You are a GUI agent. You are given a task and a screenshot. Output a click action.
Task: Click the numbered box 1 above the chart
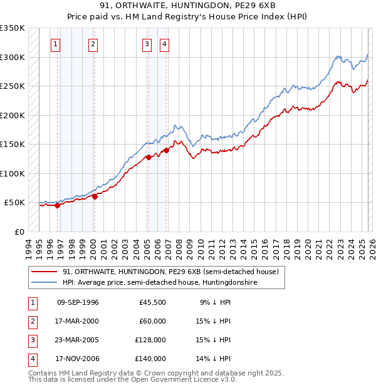coord(56,44)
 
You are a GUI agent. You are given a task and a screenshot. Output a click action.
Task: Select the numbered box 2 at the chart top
coord(93,44)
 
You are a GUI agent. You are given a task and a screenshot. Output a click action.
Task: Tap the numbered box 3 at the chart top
coord(147,44)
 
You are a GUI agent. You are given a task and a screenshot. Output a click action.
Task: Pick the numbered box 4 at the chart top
coord(164,44)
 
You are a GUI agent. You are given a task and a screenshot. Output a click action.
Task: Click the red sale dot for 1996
coord(57,205)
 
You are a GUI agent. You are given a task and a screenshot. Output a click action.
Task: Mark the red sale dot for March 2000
coord(95,197)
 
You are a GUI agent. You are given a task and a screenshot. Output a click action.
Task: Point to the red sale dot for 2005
coord(149,157)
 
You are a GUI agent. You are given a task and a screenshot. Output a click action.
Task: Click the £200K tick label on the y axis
coord(13,115)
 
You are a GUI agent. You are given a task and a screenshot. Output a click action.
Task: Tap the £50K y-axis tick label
coord(14,203)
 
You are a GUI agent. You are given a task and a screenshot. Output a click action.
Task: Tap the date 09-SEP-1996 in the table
coord(78,302)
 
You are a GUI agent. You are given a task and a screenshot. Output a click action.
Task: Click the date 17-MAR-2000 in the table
coord(78,321)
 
